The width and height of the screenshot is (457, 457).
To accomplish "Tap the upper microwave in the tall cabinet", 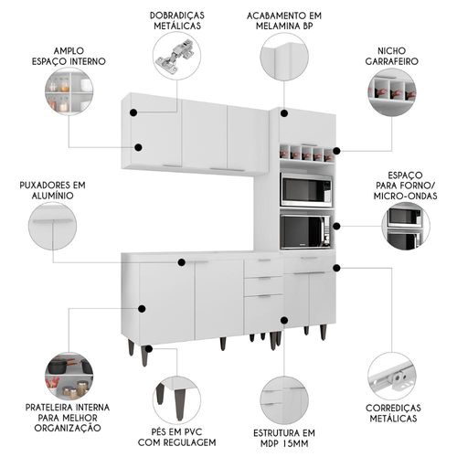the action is (x=306, y=190).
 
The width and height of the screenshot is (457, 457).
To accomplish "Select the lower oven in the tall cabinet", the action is (x=305, y=231).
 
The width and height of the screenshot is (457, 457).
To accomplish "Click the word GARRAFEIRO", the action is (x=391, y=61).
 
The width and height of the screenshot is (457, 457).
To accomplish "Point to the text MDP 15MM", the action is (x=284, y=443).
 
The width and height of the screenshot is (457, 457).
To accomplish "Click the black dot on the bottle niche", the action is (x=336, y=151).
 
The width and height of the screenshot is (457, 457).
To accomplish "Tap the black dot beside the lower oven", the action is (x=336, y=226).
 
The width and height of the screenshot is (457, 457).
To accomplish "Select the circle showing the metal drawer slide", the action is (x=392, y=377).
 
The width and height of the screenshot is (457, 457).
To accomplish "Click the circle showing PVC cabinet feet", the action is (x=176, y=400).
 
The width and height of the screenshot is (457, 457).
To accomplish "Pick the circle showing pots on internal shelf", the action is (x=69, y=376).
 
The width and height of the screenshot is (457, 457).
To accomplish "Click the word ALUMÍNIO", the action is (x=53, y=196).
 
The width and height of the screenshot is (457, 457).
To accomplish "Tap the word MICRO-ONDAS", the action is (x=405, y=196).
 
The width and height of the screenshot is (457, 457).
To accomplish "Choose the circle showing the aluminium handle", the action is (x=52, y=226).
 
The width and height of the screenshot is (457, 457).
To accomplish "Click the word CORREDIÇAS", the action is (x=393, y=408).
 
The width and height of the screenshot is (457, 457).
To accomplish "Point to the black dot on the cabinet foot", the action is (x=148, y=349).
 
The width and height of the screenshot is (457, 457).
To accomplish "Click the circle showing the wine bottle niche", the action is (x=392, y=92).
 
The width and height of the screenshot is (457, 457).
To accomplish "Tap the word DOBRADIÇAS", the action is (x=177, y=16).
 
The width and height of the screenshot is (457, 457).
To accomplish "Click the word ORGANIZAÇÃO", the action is (x=68, y=428).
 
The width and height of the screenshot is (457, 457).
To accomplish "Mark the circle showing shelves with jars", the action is (x=69, y=91).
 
